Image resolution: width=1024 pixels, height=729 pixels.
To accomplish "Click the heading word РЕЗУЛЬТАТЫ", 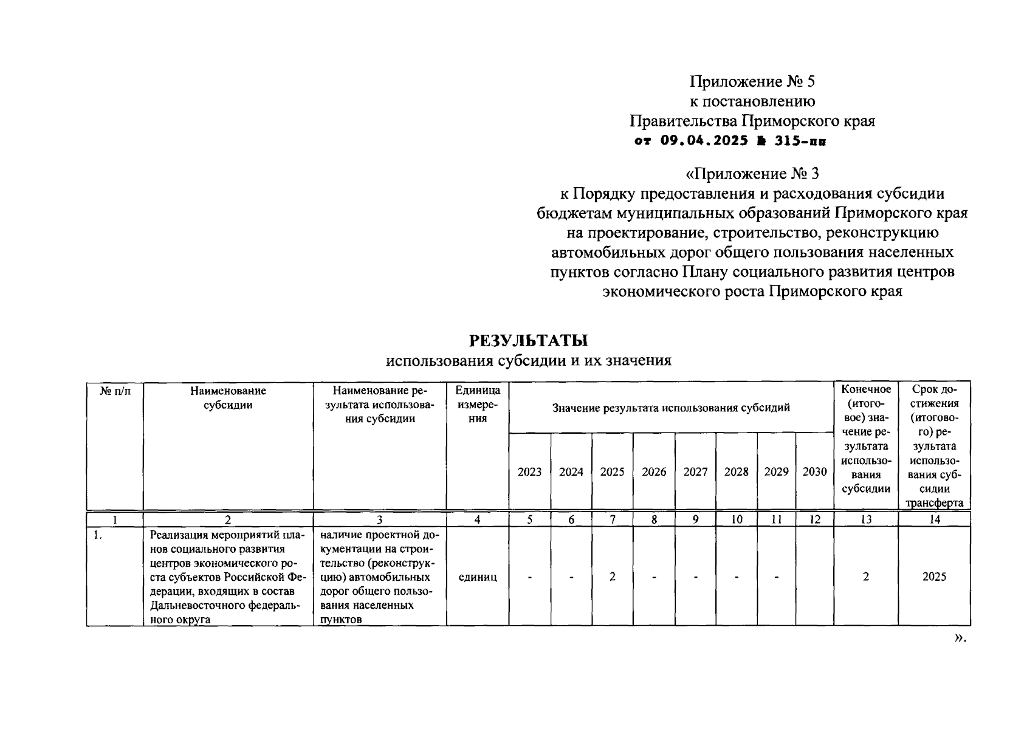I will (x=529, y=340).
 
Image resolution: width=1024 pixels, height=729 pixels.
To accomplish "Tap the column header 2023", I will (x=529, y=472).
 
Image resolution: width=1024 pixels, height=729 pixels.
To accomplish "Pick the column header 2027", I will (x=695, y=472).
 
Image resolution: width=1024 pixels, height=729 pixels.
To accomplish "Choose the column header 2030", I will (x=814, y=472).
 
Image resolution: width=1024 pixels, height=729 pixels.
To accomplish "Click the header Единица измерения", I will (x=478, y=404).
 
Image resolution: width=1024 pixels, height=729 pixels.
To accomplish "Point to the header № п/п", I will (x=115, y=391).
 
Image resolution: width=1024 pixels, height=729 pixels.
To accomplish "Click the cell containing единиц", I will (x=478, y=577).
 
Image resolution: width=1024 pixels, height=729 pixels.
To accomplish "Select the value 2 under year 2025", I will (x=612, y=577).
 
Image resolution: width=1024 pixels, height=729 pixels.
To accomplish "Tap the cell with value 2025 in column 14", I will (x=934, y=577).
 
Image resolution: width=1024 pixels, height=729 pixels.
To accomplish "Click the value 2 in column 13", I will (x=866, y=577).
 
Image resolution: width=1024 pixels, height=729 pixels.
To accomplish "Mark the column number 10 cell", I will (x=736, y=519).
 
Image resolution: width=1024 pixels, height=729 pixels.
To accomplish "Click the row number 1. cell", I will (x=97, y=535).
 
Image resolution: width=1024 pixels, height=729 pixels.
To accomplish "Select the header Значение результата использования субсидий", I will (x=671, y=408).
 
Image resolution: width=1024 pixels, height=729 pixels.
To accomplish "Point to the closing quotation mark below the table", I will (x=959, y=638).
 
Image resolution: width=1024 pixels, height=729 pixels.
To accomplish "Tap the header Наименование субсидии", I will (x=228, y=398).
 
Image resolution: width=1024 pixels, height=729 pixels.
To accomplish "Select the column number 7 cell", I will (x=612, y=519).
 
